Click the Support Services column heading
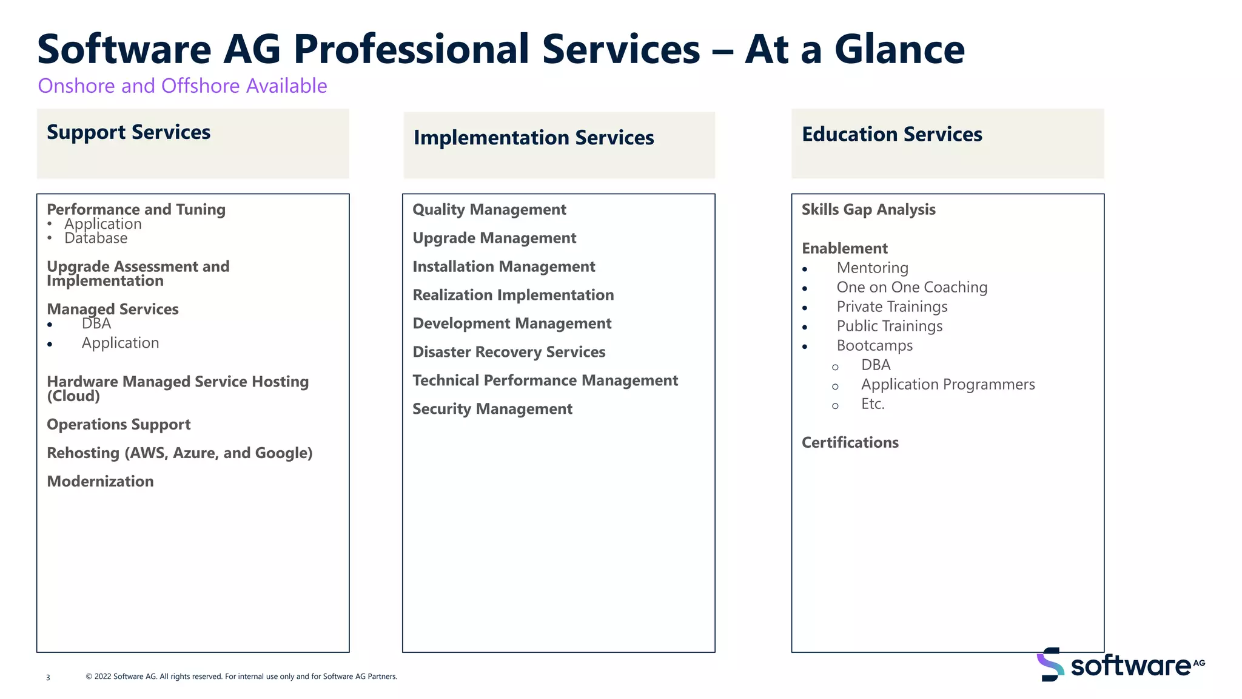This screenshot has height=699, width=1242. (x=129, y=132)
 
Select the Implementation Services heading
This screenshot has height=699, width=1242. (x=534, y=138)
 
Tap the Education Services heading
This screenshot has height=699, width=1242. (x=891, y=134)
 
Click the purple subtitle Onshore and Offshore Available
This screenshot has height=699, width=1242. (x=182, y=86)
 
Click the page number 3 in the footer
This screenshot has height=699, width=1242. (x=48, y=677)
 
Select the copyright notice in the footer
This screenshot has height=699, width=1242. (x=241, y=677)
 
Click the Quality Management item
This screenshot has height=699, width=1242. (x=489, y=209)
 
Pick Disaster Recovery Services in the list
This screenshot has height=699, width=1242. (x=509, y=352)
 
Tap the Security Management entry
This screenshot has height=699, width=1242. (x=492, y=409)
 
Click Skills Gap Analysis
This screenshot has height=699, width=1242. (x=868, y=209)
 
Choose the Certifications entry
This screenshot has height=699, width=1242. (x=850, y=442)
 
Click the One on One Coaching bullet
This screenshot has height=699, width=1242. (x=911, y=287)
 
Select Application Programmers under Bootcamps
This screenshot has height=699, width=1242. (x=947, y=384)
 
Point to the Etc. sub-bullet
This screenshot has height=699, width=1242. (x=873, y=404)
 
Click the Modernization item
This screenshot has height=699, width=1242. (x=100, y=481)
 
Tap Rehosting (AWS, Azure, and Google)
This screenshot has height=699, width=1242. (x=180, y=453)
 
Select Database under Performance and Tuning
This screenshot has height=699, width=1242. (x=96, y=238)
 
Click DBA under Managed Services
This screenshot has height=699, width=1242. (x=96, y=323)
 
